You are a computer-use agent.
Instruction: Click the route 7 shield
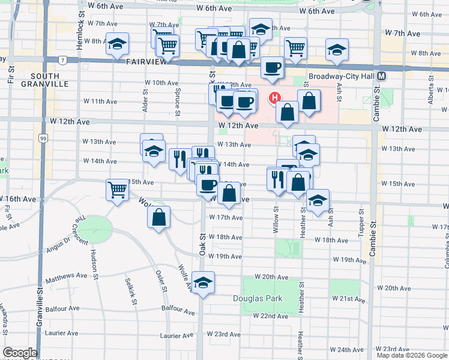pos(62,59)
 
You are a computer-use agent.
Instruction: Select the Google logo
pos(20,353)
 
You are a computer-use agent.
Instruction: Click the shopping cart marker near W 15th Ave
pos(118,190)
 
